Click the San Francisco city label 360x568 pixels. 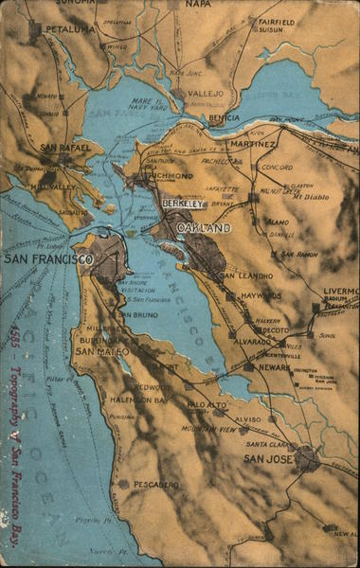48,258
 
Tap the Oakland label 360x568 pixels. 203,228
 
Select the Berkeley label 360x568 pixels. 182,204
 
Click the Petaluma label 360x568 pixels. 71,29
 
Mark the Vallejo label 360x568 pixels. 203,94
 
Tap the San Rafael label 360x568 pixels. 65,148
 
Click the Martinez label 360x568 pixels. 252,144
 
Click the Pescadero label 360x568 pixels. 155,484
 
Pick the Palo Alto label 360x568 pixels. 207,405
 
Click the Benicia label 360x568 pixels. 224,117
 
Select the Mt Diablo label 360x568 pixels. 310,196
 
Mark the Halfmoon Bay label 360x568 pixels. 137,399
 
